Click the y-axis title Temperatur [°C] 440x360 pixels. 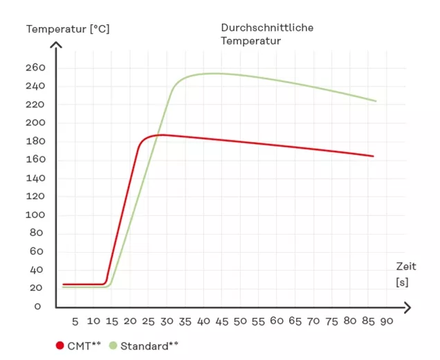(68, 29)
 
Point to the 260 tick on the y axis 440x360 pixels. (35, 68)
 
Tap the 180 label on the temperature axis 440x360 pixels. (35, 141)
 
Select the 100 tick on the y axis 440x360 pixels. (35, 215)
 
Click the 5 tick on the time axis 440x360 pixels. (75, 321)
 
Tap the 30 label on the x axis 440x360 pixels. (165, 321)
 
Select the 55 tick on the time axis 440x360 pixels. (258, 321)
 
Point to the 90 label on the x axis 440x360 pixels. (387, 321)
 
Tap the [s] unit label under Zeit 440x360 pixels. (402, 282)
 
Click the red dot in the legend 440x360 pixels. (60, 345)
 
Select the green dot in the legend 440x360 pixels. (113, 345)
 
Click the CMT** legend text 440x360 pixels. (84, 345)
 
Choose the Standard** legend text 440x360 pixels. (149, 345)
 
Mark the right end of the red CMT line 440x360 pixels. (373, 156)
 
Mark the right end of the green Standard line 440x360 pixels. (376, 101)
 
